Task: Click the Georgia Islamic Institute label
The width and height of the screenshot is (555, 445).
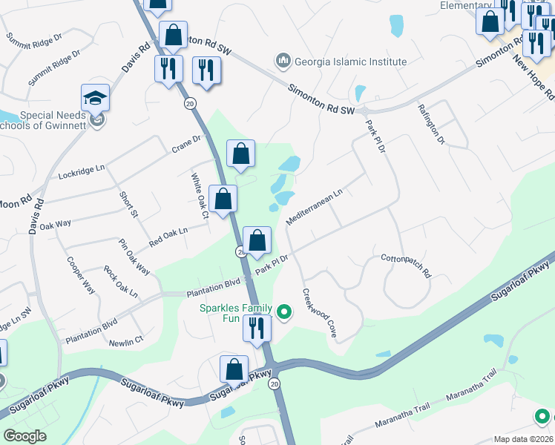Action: tap(350, 62)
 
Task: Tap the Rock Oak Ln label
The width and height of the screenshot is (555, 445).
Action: tap(121, 282)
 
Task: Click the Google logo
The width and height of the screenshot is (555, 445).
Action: tap(24, 436)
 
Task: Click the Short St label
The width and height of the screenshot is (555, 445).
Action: tap(129, 204)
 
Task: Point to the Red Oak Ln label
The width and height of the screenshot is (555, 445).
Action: tap(168, 237)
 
